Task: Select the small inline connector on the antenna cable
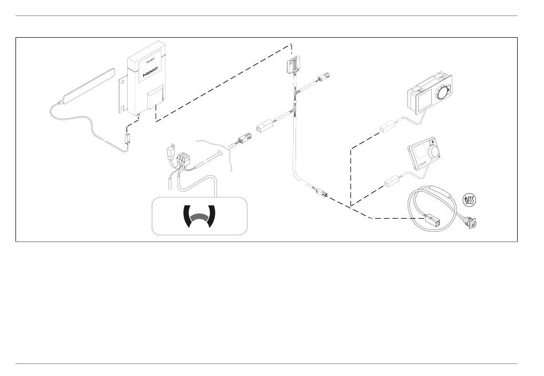click(x=128, y=137)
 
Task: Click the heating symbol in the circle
click(x=469, y=200)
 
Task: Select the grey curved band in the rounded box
click(x=199, y=216)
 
